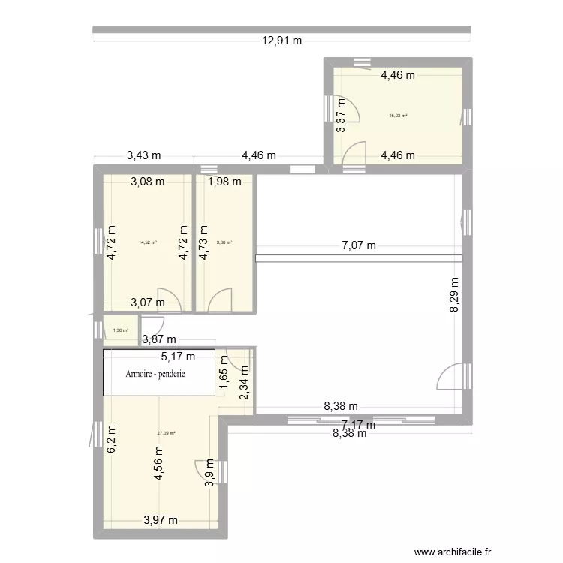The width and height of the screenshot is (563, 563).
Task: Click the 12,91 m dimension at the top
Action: pos(281,41)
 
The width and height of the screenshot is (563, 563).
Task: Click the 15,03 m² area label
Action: pos(398,116)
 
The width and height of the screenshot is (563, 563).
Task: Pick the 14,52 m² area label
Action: pos(147,242)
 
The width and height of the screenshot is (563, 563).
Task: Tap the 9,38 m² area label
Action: pos(224,242)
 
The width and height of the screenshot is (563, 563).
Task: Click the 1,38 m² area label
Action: pos(120,330)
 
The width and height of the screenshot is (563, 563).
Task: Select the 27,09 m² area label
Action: pos(167,433)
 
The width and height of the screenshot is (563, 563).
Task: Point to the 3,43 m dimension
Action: pos(143,156)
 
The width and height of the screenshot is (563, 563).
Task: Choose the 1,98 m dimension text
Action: pos(225,181)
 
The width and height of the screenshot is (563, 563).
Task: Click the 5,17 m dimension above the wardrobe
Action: pos(178,357)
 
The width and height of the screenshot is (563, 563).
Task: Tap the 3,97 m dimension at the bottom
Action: pos(161,519)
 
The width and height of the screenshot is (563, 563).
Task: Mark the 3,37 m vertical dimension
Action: pos(340,116)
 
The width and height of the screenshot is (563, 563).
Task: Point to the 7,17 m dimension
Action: pos(359,425)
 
